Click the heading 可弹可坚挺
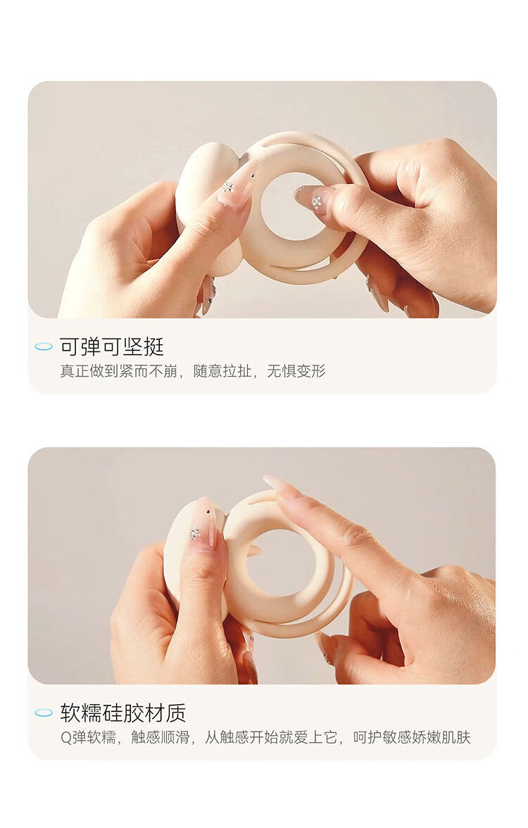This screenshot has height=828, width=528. click(112, 346)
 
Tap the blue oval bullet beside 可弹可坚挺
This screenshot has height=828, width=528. click(44, 346)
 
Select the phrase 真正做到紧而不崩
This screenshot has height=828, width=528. click(118, 370)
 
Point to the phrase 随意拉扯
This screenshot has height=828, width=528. click(222, 370)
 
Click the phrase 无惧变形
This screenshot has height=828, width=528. click(296, 370)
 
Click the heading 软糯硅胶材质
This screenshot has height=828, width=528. click(122, 713)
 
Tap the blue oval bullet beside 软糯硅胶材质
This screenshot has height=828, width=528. click(44, 713)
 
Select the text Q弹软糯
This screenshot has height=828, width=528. click(87, 737)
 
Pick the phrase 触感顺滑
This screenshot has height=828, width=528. click(160, 737)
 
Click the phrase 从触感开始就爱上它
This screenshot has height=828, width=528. click(271, 737)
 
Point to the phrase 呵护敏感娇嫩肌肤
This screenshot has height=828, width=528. click(411, 737)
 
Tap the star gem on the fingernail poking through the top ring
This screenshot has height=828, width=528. click(317, 201)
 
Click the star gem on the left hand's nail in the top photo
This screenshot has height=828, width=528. click(229, 187)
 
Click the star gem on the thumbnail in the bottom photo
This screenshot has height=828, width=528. click(195, 534)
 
